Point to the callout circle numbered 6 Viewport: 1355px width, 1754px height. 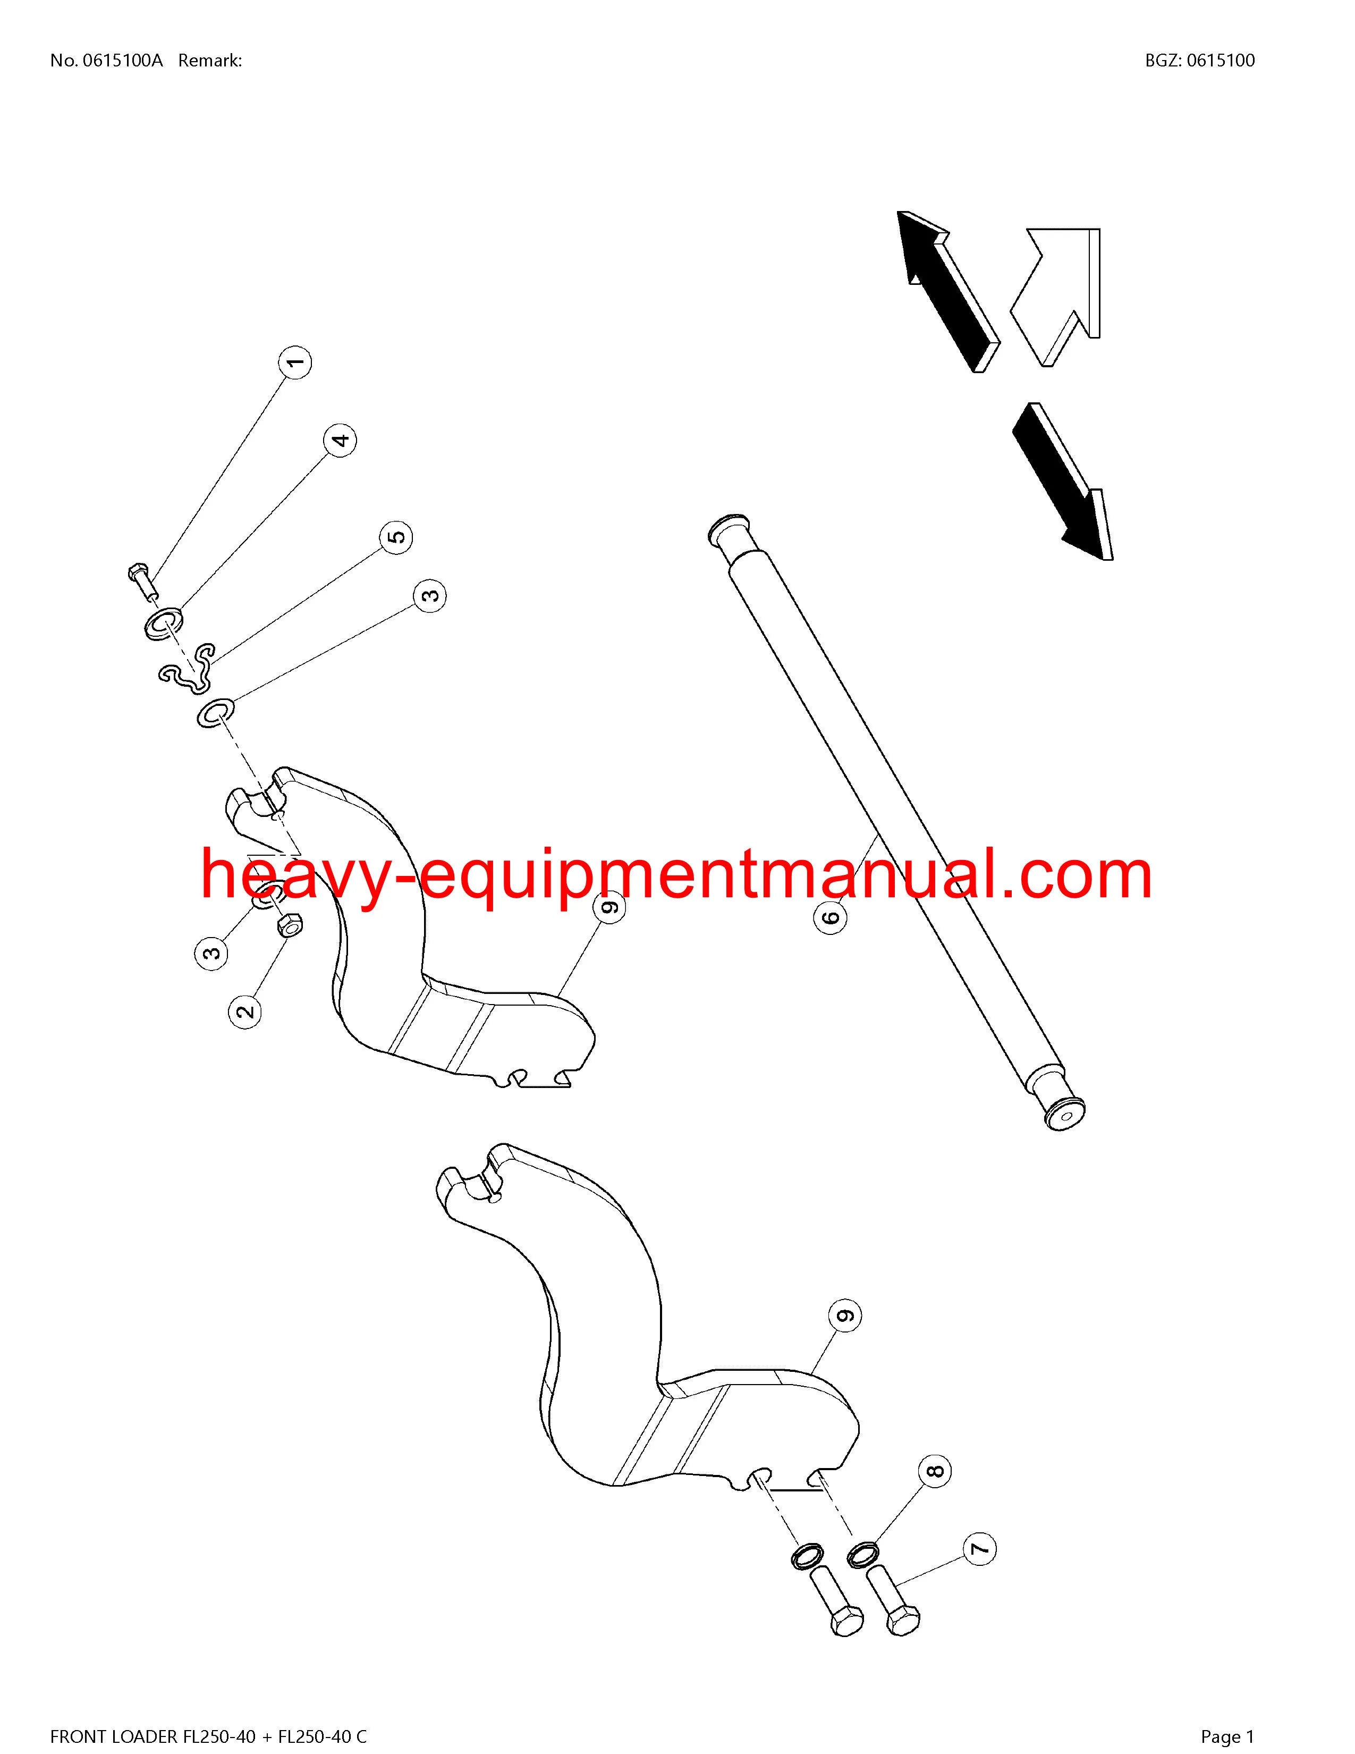pyautogui.click(x=831, y=916)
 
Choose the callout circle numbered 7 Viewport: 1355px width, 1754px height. pyautogui.click(x=978, y=1549)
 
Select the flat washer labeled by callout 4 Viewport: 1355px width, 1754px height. pyautogui.click(x=164, y=623)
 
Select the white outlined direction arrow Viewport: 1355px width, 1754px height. pyautogui.click(x=1054, y=297)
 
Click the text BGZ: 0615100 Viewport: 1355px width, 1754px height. pyautogui.click(x=1199, y=60)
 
